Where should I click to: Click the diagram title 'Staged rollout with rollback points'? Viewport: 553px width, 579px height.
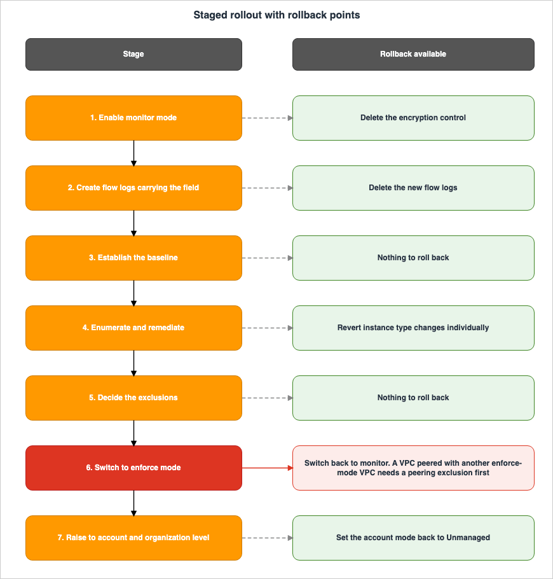276,15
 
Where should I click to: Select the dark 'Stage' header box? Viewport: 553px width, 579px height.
133,54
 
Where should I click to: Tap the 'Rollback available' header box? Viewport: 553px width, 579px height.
413,54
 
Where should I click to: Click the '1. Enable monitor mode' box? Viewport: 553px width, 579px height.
133,118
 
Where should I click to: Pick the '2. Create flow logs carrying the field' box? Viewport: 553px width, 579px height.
133,188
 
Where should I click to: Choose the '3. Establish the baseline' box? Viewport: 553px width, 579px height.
133,258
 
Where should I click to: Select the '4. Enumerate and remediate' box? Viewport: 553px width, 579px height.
133,328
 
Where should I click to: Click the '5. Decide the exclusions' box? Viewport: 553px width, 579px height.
133,398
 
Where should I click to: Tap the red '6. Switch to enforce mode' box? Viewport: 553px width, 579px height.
133,468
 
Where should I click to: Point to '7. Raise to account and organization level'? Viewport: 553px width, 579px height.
133,538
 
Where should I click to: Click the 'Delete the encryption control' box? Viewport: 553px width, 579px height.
413,118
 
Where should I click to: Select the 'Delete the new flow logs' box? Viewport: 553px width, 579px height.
413,188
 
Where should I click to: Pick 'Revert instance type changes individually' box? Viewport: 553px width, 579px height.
413,328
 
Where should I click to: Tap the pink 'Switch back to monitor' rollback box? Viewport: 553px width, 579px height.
413,468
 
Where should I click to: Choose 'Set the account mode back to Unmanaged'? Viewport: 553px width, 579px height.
413,538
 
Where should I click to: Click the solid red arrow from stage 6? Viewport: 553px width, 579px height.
268,468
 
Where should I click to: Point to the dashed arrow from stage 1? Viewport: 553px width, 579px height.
268,118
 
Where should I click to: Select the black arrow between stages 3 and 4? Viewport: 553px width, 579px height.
133,293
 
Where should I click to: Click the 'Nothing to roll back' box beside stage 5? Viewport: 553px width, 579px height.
413,398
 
